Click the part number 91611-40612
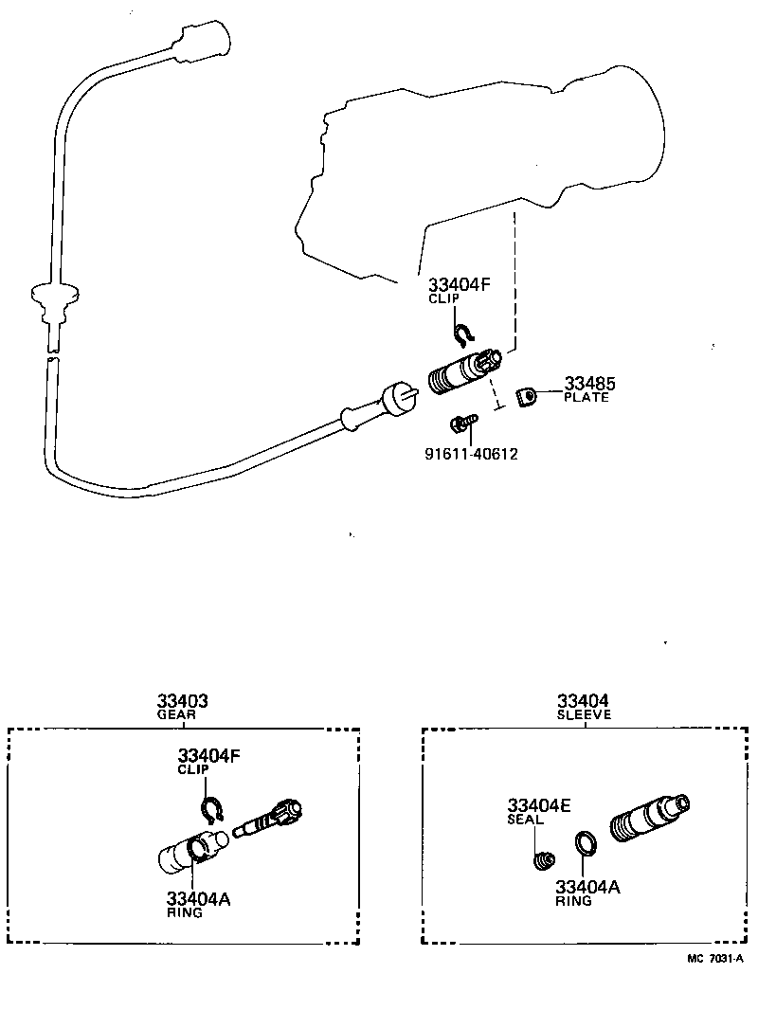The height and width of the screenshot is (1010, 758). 471,454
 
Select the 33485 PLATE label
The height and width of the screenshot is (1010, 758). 587,389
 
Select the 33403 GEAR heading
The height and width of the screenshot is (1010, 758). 182,707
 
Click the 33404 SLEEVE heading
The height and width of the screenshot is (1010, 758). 585,707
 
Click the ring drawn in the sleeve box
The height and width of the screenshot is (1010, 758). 587,840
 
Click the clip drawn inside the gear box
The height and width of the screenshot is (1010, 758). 211,808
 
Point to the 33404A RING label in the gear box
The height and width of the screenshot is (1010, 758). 198,905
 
